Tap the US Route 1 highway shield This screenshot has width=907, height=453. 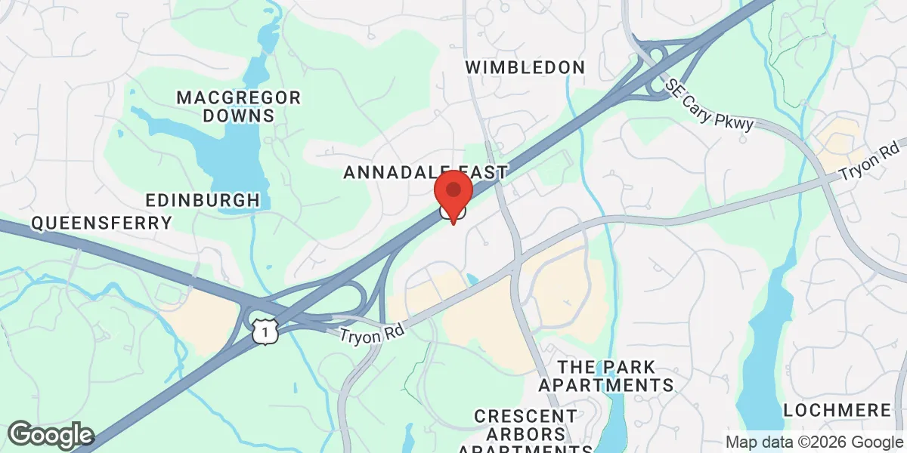[x=266, y=330]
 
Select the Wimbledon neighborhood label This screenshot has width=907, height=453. [x=525, y=67]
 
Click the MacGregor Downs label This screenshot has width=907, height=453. [x=238, y=106]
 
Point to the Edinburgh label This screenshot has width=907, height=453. [x=203, y=200]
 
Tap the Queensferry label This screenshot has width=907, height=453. [x=101, y=223]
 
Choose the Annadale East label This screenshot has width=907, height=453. [x=425, y=172]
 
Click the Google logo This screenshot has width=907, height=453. [x=51, y=436]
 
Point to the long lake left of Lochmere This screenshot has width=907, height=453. [x=767, y=340]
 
